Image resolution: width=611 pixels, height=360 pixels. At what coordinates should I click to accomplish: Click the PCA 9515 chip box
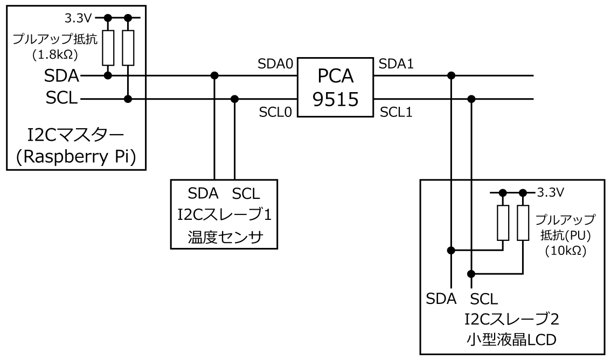(336, 88)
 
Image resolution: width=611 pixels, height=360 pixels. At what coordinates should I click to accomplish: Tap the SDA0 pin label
(275, 64)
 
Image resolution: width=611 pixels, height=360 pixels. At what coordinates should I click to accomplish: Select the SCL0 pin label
(275, 113)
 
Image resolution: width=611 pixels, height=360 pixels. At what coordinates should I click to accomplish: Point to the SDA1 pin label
(397, 64)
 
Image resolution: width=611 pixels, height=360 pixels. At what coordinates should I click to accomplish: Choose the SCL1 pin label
(397, 113)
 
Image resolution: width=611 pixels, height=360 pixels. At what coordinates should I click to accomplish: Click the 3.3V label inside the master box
(79, 18)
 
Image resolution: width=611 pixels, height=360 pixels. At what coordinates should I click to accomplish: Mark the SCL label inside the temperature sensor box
(245, 192)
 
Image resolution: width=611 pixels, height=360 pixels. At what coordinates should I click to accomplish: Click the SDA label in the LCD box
(441, 297)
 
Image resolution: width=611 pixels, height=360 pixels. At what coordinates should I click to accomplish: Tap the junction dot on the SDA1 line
(451, 75)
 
